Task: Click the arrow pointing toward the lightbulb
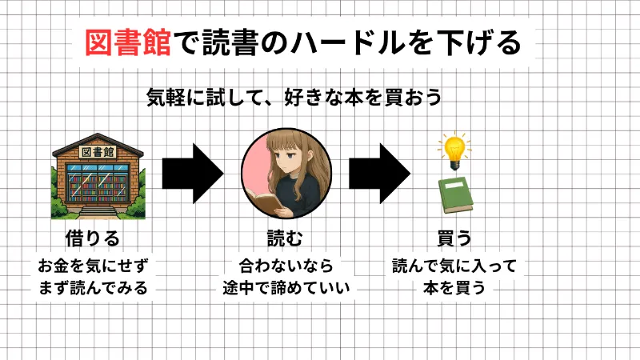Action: tap(380, 172)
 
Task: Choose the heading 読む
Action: tap(286, 239)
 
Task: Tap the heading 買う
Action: tap(454, 239)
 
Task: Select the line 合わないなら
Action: tap(286, 265)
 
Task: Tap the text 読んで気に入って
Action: tap(454, 265)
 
